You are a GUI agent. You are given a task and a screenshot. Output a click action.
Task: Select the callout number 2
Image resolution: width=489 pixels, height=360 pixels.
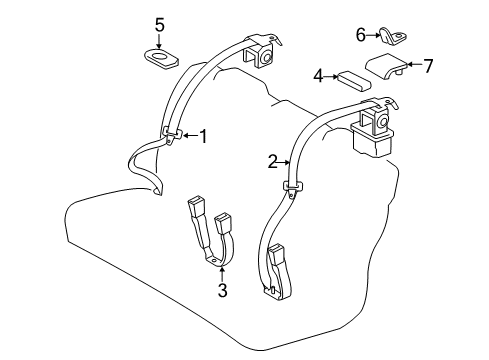[271, 159]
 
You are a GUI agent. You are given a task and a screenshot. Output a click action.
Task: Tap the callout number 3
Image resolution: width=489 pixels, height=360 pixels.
[223, 291]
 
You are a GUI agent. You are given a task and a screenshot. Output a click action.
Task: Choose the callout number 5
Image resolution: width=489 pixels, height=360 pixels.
[158, 23]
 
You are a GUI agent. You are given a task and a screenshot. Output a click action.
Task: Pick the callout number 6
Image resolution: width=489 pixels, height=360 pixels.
[361, 35]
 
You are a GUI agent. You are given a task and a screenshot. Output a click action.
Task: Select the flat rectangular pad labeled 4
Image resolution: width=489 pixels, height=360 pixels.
[353, 78]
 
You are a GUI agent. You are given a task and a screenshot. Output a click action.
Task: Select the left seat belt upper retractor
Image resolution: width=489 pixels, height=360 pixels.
[265, 55]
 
